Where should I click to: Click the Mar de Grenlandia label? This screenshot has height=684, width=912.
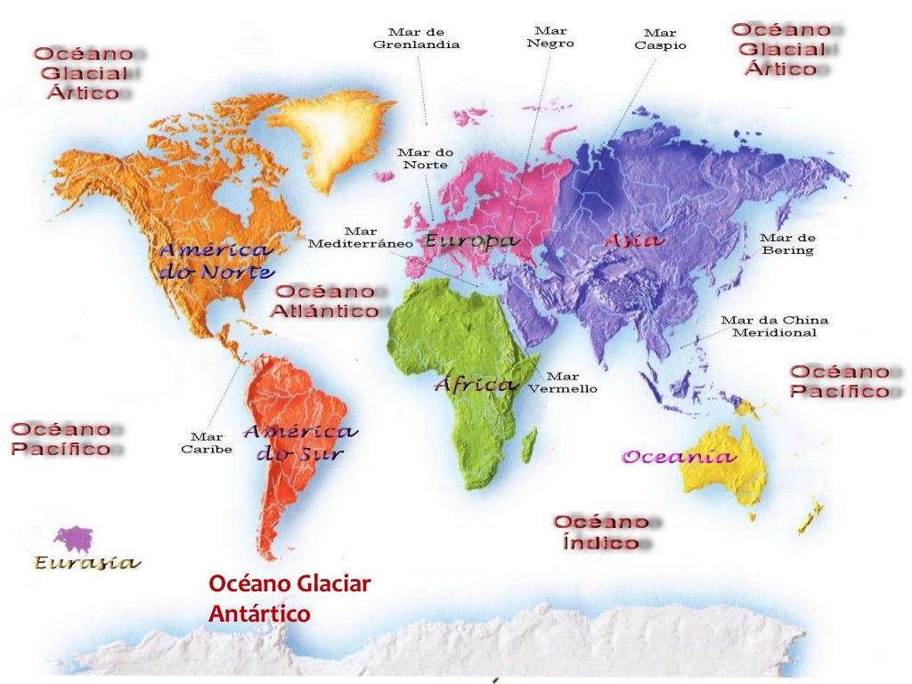pyautogui.click(x=416, y=38)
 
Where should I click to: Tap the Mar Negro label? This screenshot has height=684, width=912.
pyautogui.click(x=550, y=37)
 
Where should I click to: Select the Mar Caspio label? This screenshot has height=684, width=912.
pyautogui.click(x=660, y=39)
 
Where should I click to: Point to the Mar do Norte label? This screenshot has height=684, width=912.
pyautogui.click(x=426, y=159)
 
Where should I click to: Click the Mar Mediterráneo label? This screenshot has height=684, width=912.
pyautogui.click(x=360, y=237)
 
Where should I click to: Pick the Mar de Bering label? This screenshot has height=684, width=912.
pyautogui.click(x=787, y=244)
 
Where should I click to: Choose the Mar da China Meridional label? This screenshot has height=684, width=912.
pyautogui.click(x=774, y=326)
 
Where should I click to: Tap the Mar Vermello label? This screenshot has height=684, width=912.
pyautogui.click(x=562, y=383)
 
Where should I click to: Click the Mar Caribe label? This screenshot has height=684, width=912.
pyautogui.click(x=207, y=443)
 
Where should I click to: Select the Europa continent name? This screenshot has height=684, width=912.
pyautogui.click(x=471, y=241)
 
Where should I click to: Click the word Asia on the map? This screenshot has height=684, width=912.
pyautogui.click(x=632, y=240)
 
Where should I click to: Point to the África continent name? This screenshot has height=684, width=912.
pyautogui.click(x=476, y=385)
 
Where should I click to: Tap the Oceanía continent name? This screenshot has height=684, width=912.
pyautogui.click(x=679, y=458)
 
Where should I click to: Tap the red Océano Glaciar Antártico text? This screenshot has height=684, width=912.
pyautogui.click(x=289, y=598)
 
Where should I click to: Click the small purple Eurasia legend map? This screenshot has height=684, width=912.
pyautogui.click(x=73, y=539)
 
